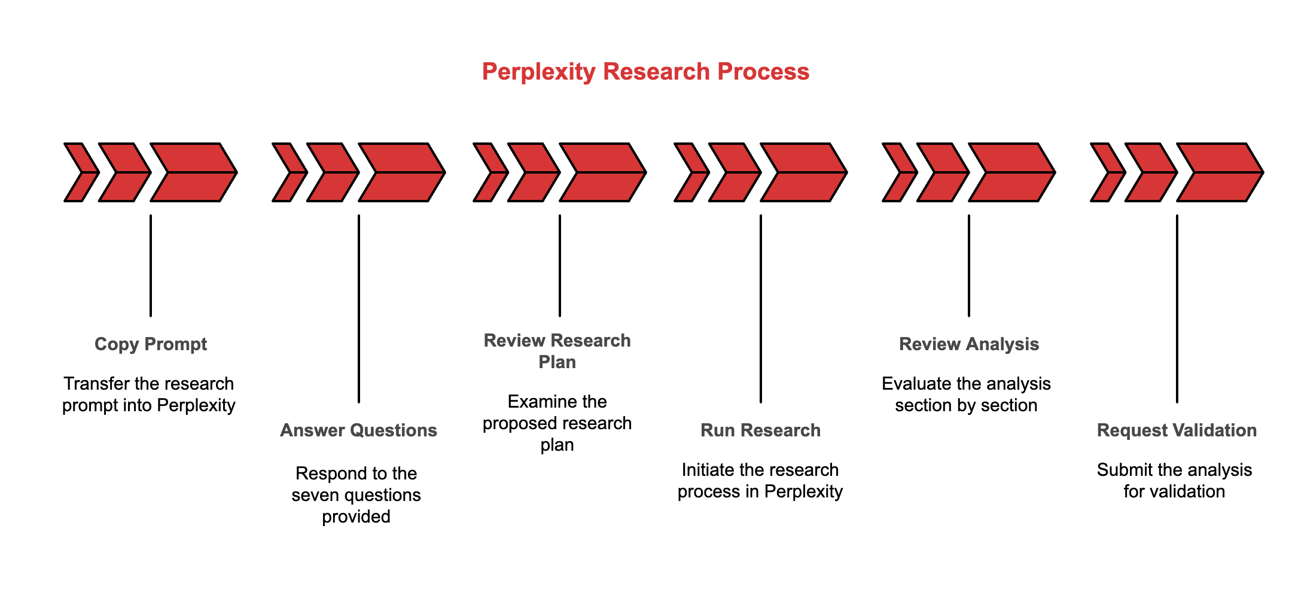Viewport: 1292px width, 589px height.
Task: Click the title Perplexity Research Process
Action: pos(645,71)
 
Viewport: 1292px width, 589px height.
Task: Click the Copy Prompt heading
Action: pos(151,344)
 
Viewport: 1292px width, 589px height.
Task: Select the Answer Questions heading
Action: pos(358,430)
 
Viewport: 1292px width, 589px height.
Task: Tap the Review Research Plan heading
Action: pos(557,351)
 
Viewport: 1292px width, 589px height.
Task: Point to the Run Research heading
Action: pos(760,430)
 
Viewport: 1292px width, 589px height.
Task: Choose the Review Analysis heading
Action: pos(969,344)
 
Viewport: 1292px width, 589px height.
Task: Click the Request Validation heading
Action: pos(1177,430)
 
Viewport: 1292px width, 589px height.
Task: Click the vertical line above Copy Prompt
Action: pos(151,265)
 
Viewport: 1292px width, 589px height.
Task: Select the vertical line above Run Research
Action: pos(761,308)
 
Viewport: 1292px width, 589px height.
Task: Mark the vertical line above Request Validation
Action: pos(1177,308)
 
